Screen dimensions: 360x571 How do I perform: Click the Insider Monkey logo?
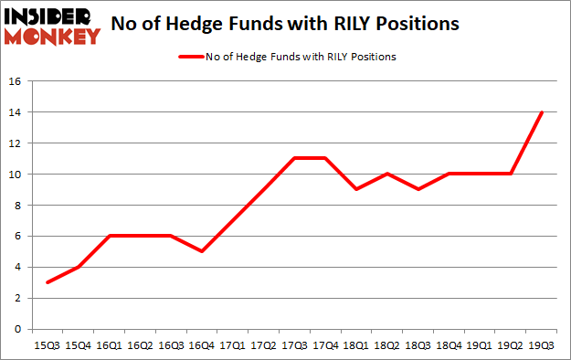point(51,24)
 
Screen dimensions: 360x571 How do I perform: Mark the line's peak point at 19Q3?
point(543,112)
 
